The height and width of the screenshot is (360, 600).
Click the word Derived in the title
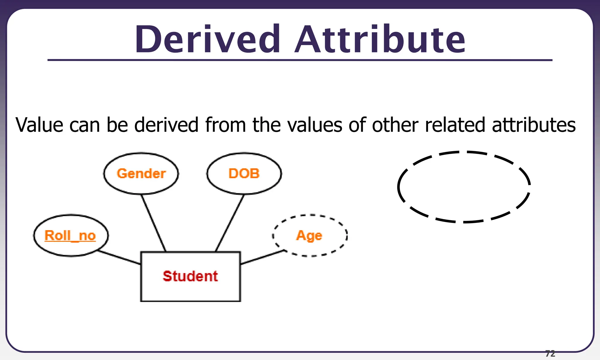(207, 40)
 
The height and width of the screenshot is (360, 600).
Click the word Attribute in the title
(380, 40)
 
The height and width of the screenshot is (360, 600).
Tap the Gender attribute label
(141, 174)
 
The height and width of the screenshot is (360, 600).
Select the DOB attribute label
(244, 174)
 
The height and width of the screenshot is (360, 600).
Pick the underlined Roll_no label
(70, 236)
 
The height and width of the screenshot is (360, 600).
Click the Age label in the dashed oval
(309, 236)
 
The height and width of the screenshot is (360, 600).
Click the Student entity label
(190, 276)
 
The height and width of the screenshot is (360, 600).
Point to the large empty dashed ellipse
(464, 187)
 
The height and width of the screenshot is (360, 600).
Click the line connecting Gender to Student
(154, 223)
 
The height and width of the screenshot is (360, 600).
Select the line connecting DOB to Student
(230, 223)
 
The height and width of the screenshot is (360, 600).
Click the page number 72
(550, 354)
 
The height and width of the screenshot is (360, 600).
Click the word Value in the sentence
(39, 125)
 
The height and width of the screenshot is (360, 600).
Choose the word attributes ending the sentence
(534, 125)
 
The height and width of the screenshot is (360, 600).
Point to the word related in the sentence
(456, 125)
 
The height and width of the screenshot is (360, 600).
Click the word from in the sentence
(225, 125)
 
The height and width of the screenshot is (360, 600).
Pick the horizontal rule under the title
(300, 60)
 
